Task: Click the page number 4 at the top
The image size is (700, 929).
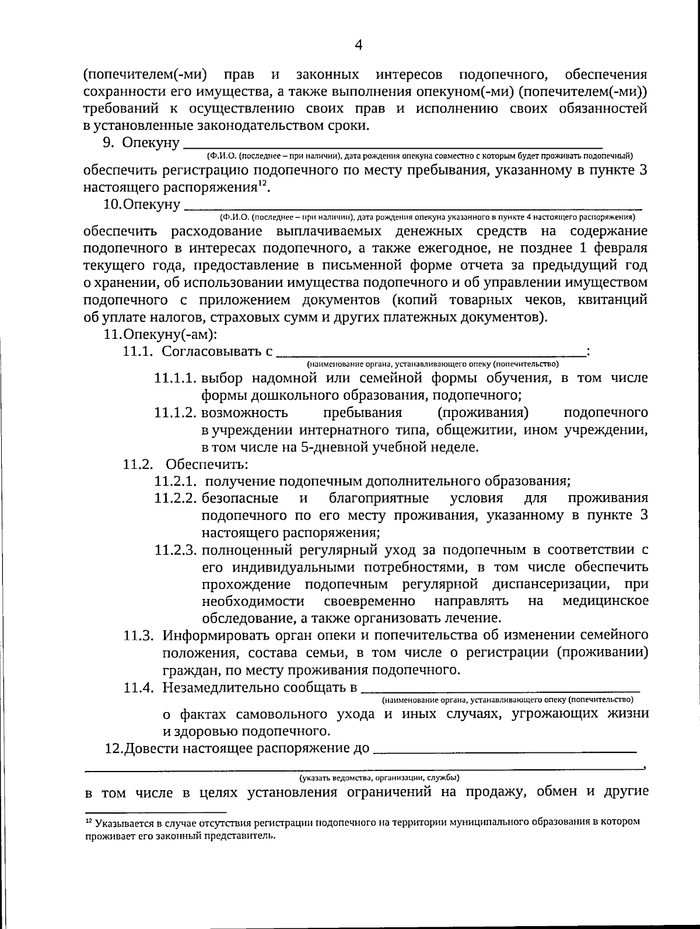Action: point(358,45)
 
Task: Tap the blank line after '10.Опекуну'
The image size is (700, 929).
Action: point(412,206)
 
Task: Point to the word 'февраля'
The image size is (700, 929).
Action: point(619,248)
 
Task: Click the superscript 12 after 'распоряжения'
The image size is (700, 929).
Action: point(263,184)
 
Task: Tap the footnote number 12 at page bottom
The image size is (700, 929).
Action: point(89,821)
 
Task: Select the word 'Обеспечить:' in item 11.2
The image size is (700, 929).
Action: point(206,465)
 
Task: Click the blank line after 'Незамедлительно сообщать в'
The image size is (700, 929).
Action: point(501,689)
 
